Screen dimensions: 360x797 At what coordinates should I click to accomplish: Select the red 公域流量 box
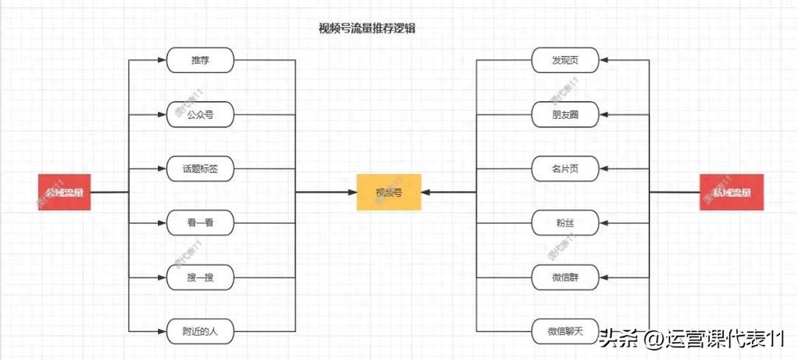[65, 192]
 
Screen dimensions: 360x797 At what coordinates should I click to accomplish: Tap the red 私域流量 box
[731, 192]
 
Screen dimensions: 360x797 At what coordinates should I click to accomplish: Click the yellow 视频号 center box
[388, 192]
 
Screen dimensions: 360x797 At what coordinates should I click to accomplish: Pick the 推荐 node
[201, 60]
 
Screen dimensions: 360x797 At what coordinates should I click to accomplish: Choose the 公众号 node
[201, 114]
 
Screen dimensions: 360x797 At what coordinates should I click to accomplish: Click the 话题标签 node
[201, 168]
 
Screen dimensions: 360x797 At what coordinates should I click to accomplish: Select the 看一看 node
[201, 223]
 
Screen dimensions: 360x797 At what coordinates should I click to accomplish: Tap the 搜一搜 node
[201, 277]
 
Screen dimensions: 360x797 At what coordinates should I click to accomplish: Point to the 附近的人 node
[201, 331]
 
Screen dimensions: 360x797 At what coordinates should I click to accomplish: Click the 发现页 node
[565, 60]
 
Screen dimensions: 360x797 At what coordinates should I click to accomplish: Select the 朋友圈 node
[565, 114]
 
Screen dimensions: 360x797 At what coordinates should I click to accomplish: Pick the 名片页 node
[565, 168]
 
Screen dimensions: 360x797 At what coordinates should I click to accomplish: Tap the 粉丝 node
[565, 223]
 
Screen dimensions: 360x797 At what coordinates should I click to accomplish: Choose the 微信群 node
[565, 277]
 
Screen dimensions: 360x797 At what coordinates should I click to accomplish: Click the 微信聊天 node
[565, 331]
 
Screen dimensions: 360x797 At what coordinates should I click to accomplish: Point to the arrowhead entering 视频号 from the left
[351, 192]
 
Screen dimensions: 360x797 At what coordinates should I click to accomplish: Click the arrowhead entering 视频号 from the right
[427, 192]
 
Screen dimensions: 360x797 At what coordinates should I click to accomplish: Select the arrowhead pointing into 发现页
[603, 60]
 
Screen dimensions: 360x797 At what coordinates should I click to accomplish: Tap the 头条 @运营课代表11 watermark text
[692, 338]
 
